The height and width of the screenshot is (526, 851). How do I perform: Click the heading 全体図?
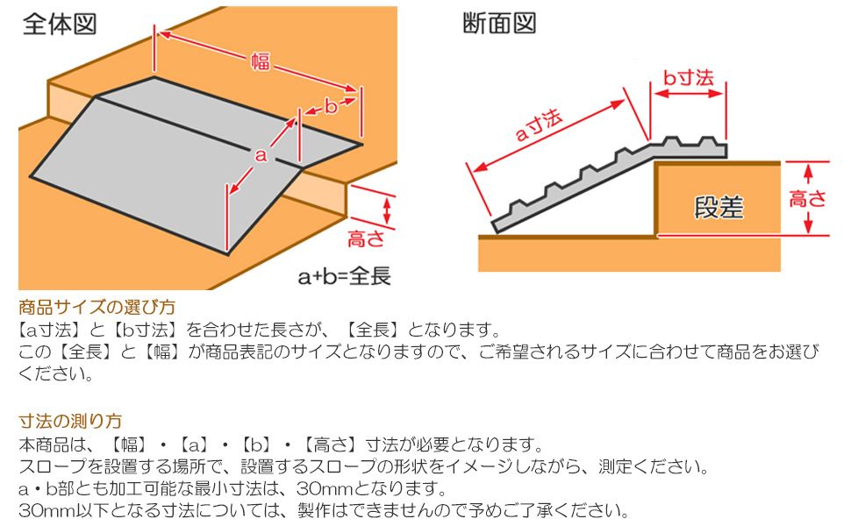60,24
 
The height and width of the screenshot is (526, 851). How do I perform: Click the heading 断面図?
499,24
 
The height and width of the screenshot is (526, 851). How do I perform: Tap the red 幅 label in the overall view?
261,61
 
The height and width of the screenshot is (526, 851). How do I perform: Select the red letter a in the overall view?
260,155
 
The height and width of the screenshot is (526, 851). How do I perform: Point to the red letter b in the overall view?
331,107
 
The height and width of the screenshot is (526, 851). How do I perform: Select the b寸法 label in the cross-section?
688,78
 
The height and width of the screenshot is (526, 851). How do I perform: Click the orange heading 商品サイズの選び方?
97,308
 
